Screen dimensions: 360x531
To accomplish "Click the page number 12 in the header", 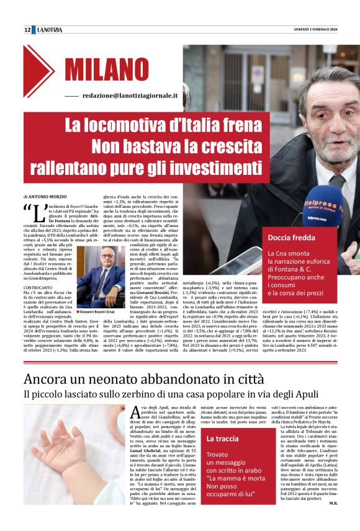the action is pos(27,30).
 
